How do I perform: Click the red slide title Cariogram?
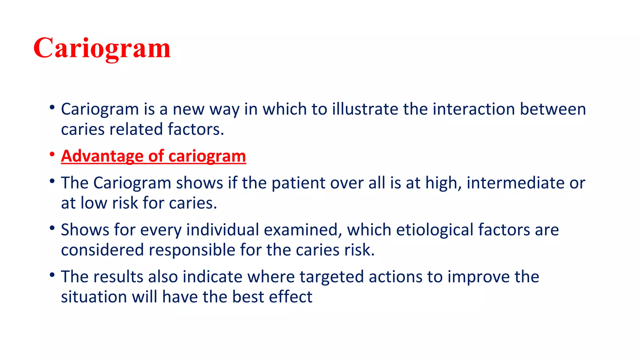coord(102,48)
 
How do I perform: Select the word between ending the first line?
coord(552,109)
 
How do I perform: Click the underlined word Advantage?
coord(102,156)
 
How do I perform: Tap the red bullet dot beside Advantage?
coord(52,154)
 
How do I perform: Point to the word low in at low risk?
coord(94,203)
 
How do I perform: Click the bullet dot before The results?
coord(52,275)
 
